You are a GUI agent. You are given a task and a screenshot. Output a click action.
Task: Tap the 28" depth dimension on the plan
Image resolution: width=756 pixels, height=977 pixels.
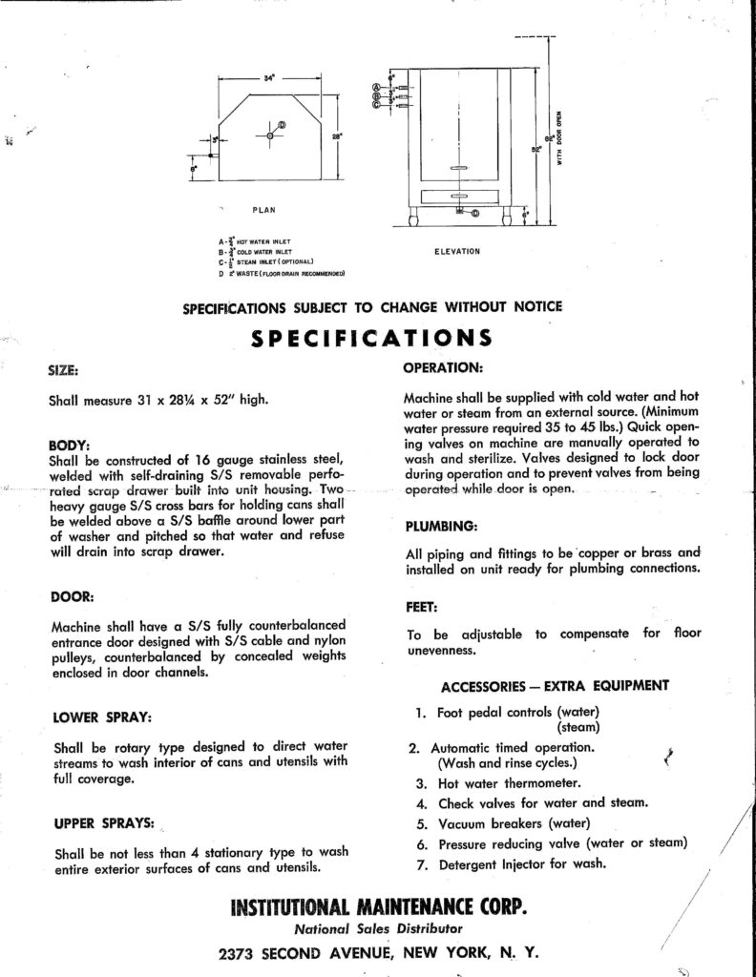336,136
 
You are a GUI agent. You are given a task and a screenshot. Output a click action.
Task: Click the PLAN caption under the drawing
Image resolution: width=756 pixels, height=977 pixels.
265,207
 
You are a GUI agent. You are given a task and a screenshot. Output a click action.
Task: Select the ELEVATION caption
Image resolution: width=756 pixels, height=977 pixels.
455,251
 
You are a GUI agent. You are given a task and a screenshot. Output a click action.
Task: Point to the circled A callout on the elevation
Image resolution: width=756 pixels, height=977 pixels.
377,87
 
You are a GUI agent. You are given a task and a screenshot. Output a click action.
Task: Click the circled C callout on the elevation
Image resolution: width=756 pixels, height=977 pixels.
377,105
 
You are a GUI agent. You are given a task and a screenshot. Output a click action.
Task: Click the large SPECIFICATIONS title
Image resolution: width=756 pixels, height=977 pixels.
371,338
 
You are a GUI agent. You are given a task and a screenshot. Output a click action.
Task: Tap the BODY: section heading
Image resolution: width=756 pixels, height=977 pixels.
69,445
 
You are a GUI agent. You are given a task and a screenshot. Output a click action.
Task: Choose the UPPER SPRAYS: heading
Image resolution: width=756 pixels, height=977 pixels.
94,821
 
